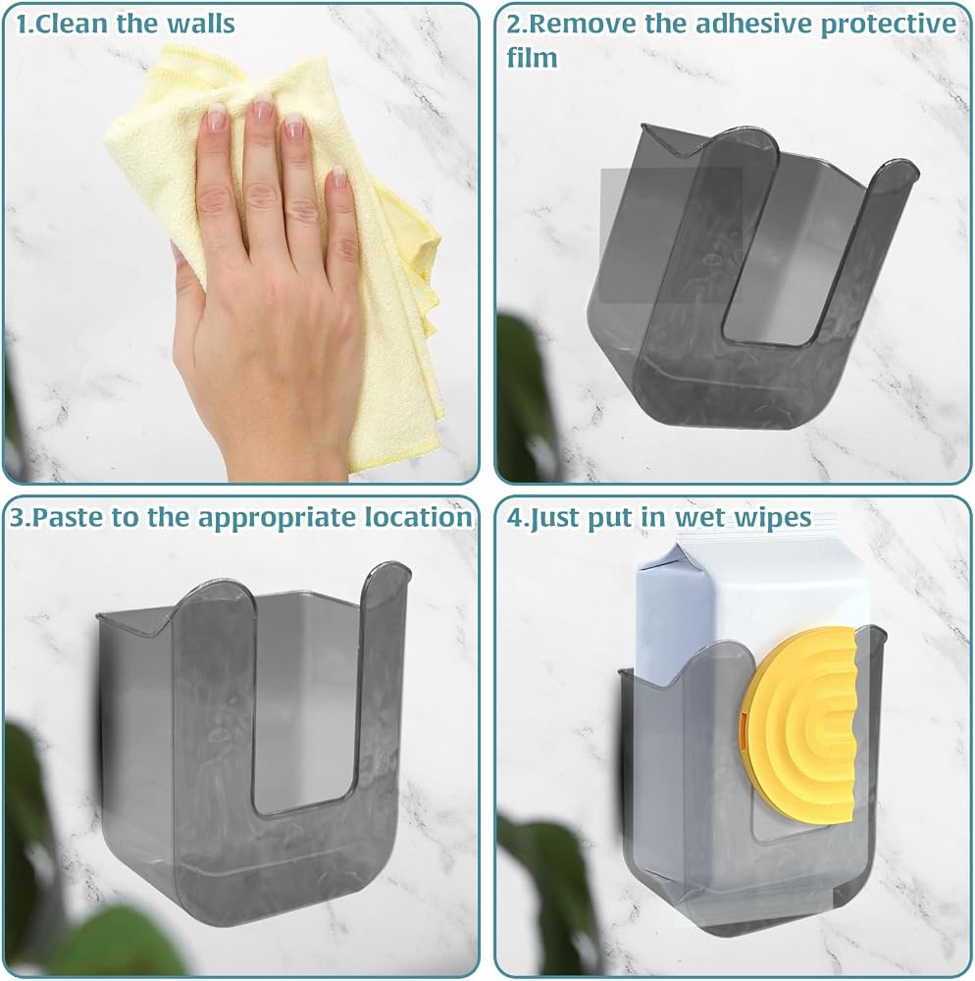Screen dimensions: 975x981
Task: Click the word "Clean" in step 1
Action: pyautogui.click(x=75, y=24)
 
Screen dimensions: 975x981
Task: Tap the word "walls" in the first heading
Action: pyautogui.click(x=201, y=24)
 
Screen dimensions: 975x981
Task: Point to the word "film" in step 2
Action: pyautogui.click(x=532, y=58)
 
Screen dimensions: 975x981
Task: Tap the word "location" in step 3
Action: pyautogui.click(x=419, y=517)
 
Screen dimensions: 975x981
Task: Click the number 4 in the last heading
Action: pyautogui.click(x=513, y=517)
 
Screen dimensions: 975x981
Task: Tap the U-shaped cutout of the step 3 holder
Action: pyautogui.click(x=301, y=700)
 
